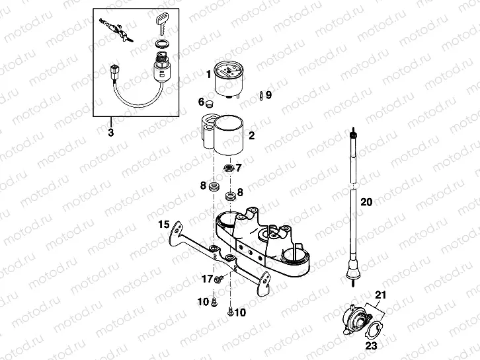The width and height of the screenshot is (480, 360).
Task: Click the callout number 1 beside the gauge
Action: (x=208, y=74)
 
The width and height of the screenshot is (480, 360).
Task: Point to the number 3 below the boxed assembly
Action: (x=111, y=133)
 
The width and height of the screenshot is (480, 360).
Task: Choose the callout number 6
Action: (x=201, y=102)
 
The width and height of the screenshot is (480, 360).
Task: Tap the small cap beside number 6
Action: (x=212, y=103)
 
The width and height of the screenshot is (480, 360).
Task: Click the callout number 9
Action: (x=268, y=94)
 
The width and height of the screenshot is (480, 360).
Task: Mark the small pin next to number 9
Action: (x=262, y=95)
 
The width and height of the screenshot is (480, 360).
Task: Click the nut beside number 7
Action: (x=229, y=167)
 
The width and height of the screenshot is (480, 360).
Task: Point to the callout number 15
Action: (x=164, y=225)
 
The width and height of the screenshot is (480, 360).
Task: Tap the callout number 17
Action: (x=206, y=279)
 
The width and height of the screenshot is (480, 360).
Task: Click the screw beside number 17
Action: (x=219, y=280)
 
